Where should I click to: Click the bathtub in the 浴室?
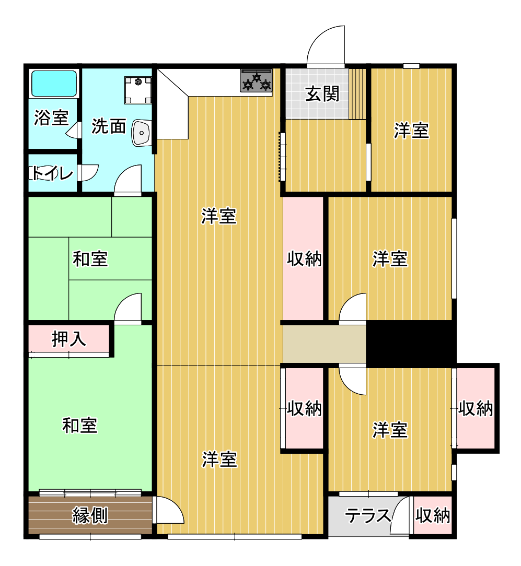[x=54, y=84]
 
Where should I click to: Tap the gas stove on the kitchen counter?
[x=257, y=80]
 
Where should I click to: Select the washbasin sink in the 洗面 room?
[x=142, y=133]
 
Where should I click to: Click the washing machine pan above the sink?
[x=138, y=90]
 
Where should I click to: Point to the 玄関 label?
[x=322, y=94]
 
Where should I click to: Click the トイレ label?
[x=52, y=174]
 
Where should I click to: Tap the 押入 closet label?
[x=68, y=339]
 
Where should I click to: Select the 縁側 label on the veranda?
[x=90, y=515]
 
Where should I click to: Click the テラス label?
[x=368, y=515]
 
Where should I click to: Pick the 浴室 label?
[x=51, y=117]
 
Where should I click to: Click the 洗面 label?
[x=108, y=126]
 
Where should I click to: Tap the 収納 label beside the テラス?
[x=433, y=515]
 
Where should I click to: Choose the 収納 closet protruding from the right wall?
[x=476, y=408]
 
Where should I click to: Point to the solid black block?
[x=411, y=344]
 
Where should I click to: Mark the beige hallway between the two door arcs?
[x=325, y=344]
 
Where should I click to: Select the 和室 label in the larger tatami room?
[x=80, y=426]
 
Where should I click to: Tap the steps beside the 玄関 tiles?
[x=357, y=94]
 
